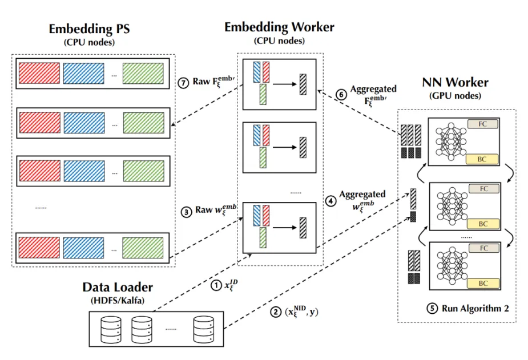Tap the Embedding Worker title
279,27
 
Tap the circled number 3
188,211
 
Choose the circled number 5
433,308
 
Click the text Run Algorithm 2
474,308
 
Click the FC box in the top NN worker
483,123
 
